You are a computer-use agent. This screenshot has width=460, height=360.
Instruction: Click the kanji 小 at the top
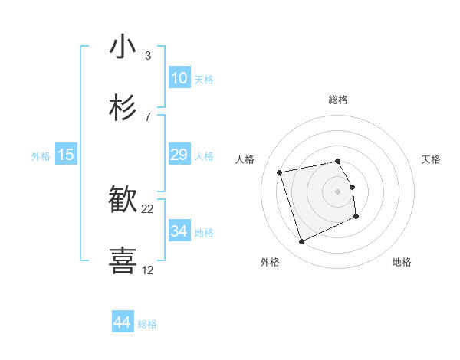pyautogui.click(x=123, y=47)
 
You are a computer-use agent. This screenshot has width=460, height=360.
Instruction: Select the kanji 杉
pyautogui.click(x=123, y=108)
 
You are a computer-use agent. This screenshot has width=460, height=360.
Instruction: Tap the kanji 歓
pyautogui.click(x=123, y=200)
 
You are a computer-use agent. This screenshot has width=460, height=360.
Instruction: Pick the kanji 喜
pyautogui.click(x=123, y=260)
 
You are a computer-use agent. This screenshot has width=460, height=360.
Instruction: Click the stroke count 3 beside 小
pyautogui.click(x=147, y=56)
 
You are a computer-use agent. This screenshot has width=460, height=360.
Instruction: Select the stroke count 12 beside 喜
pyautogui.click(x=148, y=270)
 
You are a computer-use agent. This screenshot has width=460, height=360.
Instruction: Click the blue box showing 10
pyautogui.click(x=179, y=78)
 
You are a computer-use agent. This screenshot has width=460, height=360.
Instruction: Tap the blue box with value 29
pyautogui.click(x=179, y=155)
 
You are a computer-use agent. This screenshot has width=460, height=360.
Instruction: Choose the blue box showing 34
pyautogui.click(x=179, y=231)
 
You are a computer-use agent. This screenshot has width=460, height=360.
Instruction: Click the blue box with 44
pyautogui.click(x=123, y=322)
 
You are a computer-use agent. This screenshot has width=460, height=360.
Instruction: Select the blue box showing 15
pyautogui.click(x=66, y=155)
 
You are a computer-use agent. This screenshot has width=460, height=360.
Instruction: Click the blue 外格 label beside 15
pyautogui.click(x=41, y=156)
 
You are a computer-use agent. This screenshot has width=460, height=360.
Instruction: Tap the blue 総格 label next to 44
pyautogui.click(x=147, y=324)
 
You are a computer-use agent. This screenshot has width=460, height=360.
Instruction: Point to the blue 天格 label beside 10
pyautogui.click(x=204, y=80)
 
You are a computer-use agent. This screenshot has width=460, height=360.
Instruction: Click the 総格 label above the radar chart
pyautogui.click(x=338, y=100)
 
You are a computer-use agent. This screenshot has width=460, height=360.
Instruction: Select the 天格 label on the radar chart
pyautogui.click(x=431, y=159)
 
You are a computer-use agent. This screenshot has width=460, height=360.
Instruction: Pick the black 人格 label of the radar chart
pyautogui.click(x=245, y=159)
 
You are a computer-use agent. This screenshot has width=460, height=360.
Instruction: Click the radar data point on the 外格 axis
pyautogui.click(x=301, y=242)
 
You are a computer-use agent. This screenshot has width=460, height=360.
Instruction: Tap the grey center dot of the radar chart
pyautogui.click(x=338, y=191)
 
